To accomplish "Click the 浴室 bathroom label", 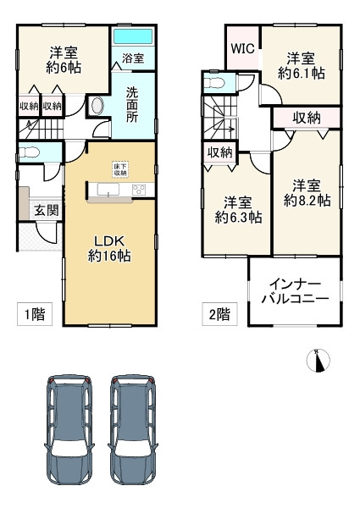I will coord(133,59).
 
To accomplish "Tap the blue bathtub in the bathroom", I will coord(132,39).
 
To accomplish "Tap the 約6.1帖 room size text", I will coord(301,74).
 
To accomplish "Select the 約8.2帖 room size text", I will coord(307,201).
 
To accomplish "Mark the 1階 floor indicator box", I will coord(35,315).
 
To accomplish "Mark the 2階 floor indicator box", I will coord(218,315).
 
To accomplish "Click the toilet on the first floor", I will coord(30,153).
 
